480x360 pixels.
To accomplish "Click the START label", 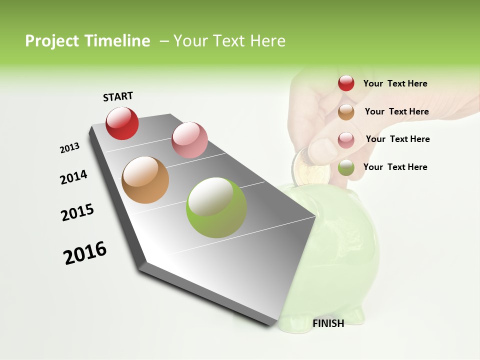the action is (x=118, y=96).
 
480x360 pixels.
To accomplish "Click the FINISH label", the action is (x=328, y=323).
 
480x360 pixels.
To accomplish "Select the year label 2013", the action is (x=69, y=148).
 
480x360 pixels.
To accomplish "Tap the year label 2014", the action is (x=73, y=177).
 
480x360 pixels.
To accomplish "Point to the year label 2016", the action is (x=85, y=253).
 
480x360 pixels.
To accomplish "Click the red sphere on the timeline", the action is (x=122, y=123).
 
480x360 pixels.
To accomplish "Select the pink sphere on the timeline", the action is (x=189, y=139).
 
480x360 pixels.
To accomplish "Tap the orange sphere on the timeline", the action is (x=145, y=180).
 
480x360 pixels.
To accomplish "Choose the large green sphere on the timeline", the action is (x=216, y=207).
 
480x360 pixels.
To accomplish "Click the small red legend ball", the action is (x=346, y=83).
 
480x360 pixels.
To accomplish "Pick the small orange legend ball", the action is (x=346, y=111).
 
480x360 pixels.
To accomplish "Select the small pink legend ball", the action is (x=346, y=139).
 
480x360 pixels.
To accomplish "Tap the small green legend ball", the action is (x=346, y=167).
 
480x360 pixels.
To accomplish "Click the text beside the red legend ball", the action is (x=395, y=83).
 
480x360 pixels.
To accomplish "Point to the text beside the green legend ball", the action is (x=395, y=167).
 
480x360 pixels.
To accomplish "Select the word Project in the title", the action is (x=52, y=41).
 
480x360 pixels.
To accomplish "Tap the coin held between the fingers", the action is (x=310, y=170).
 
